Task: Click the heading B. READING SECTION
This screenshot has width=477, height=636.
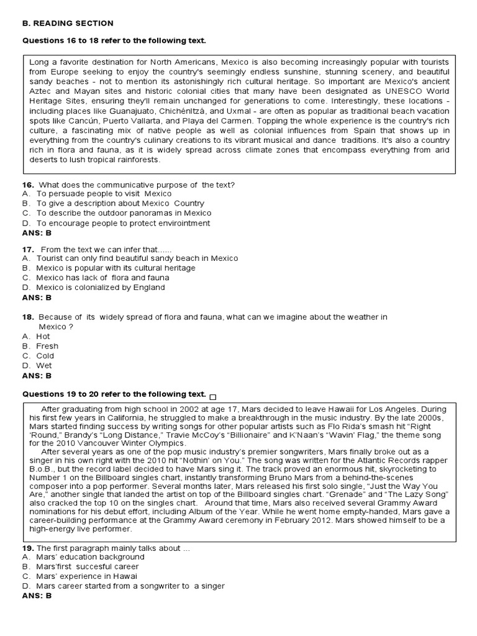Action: tap(68, 24)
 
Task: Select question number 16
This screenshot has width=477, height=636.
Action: tap(27, 184)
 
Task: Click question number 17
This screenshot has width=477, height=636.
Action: tap(27, 248)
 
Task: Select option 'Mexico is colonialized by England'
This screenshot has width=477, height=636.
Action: tap(101, 288)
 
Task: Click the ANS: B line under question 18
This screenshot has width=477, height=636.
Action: tap(37, 376)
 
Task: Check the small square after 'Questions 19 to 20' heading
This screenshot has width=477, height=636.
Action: tap(214, 396)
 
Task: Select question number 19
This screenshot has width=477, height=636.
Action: tap(27, 548)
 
